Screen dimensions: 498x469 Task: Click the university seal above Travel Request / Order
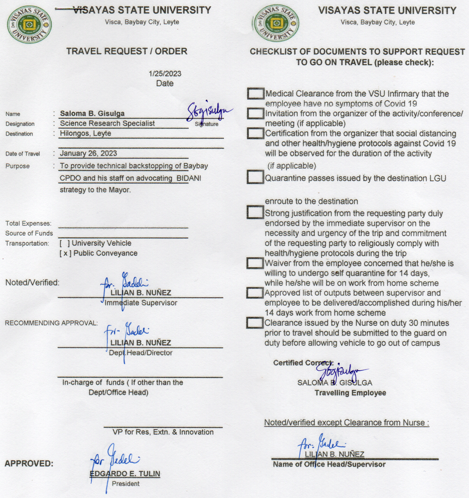[29, 24]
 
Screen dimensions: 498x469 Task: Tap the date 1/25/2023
[165, 73]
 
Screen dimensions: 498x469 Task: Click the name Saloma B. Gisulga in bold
[92, 114]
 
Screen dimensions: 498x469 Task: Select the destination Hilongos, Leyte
[85, 133]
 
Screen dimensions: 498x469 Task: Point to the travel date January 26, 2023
[88, 153]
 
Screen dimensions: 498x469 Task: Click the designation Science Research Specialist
[107, 123]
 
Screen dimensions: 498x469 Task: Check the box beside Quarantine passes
[255, 177]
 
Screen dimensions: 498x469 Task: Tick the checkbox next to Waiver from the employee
[255, 263]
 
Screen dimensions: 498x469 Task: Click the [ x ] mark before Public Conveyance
[65, 253]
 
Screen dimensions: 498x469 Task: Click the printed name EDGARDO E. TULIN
[125, 473]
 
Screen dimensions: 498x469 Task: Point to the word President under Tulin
[125, 484]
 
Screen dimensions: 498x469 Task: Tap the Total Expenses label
[28, 223]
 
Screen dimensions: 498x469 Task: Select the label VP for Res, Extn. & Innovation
[163, 432]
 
